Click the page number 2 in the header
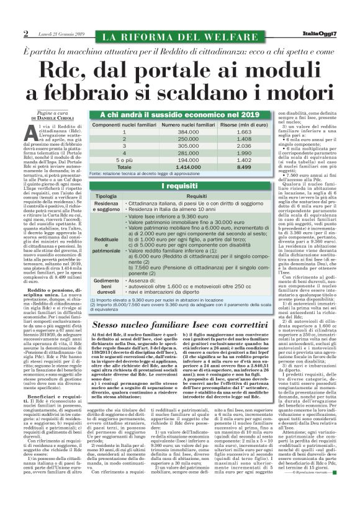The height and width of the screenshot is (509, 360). (26, 34)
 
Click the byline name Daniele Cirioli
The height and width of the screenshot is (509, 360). (64, 118)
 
